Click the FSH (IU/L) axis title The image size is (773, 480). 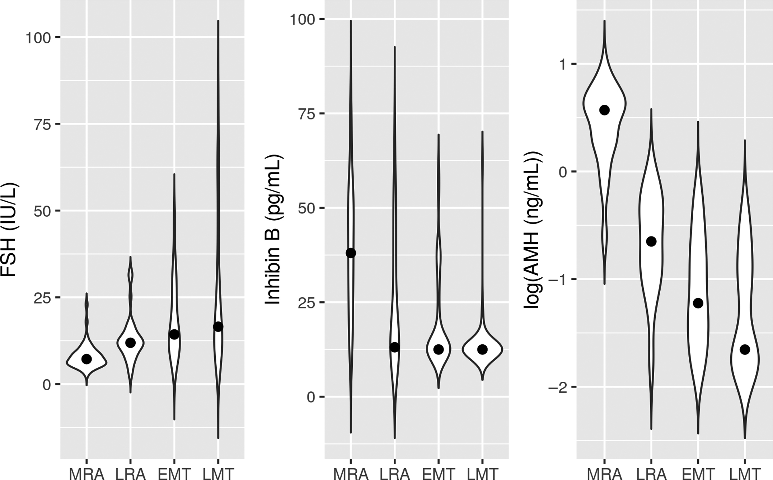pos(10,230)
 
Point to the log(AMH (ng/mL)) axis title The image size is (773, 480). pos(533,230)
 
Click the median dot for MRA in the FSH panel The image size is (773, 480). pos(86,359)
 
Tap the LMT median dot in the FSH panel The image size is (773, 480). pos(218,326)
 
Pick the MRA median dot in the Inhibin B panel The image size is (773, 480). pos(351,253)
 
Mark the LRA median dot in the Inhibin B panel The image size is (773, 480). pos(395,347)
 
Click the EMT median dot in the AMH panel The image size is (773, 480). pos(698,303)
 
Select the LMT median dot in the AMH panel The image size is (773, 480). pos(745,349)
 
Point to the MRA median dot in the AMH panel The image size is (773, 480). pos(604,110)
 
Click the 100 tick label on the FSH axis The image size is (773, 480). pos(38,38)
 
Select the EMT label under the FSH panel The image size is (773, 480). pos(174,474)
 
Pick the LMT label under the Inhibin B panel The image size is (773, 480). pos(482,474)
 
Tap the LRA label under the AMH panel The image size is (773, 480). pos(651,474)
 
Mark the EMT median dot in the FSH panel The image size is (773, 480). pos(174,334)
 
